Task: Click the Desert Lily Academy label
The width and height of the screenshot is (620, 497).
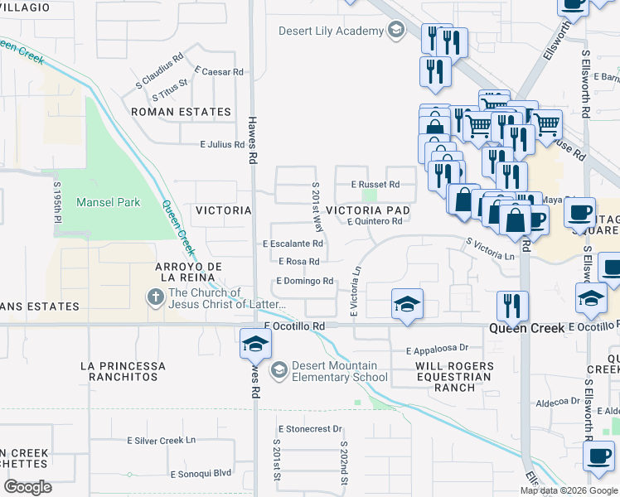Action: coord(332,31)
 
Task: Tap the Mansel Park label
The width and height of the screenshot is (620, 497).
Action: coord(108,202)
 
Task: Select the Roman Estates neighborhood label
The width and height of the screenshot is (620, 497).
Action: coord(181,112)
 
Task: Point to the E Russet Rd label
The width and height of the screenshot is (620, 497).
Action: coord(375,184)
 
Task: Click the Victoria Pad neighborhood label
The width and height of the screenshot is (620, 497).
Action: coord(368,210)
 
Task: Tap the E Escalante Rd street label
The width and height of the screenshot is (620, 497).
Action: coord(293,244)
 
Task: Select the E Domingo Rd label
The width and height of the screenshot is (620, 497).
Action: coord(305,282)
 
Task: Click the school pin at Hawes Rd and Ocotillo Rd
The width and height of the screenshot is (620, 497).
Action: coord(255,343)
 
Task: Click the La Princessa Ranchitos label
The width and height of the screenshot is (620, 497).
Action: coord(123,371)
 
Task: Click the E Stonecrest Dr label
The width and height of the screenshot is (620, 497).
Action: coord(310,429)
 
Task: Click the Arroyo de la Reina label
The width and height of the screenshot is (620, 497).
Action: coord(190,271)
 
